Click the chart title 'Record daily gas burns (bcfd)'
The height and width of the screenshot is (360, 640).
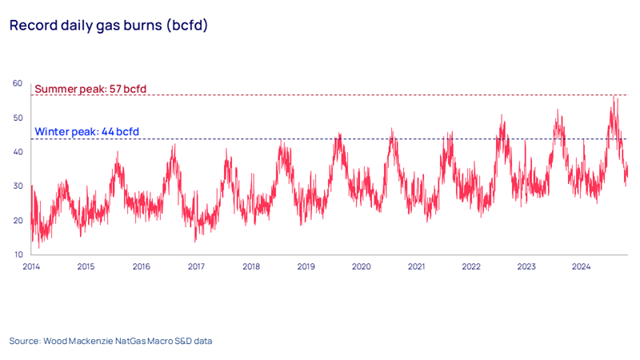(108, 25)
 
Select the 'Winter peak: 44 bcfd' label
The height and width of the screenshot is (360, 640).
(86, 131)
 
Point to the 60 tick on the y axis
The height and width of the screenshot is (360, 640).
(16, 83)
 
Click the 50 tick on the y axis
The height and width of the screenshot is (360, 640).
(16, 118)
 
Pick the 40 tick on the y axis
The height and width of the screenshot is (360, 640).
(16, 152)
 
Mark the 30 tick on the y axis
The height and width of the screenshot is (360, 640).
(16, 186)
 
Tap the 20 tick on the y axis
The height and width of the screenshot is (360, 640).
(16, 221)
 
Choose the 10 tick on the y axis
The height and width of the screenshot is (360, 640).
(16, 254)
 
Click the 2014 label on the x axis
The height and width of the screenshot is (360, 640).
(31, 266)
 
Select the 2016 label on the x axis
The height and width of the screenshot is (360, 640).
(141, 266)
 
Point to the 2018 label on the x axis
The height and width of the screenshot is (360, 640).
(250, 266)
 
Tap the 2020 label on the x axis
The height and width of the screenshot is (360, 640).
(361, 266)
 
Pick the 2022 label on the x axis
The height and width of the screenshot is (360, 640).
(471, 266)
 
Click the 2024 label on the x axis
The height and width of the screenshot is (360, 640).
(581, 266)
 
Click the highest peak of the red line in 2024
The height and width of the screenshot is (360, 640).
(614, 97)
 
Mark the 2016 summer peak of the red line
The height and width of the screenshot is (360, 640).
(174, 145)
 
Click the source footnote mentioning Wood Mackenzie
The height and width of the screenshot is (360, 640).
(110, 341)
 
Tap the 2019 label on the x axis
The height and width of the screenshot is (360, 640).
(306, 266)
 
